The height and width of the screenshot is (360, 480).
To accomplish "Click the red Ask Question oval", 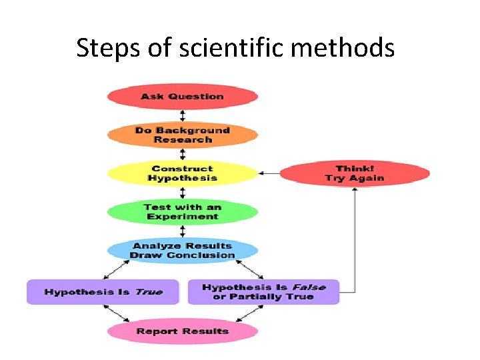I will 182,97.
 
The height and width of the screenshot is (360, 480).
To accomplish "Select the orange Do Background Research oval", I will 182,135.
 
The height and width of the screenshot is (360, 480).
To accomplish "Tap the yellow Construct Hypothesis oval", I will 182,174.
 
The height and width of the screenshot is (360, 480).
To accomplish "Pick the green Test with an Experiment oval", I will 182,212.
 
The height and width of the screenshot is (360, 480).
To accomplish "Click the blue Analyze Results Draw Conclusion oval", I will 182,251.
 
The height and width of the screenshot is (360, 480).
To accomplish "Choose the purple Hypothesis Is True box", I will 103,292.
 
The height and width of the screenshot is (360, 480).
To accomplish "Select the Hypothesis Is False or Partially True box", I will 263,292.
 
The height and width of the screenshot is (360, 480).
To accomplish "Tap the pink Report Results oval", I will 182,331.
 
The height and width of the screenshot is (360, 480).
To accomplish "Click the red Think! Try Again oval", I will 354,174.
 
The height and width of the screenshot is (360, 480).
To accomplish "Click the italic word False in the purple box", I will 309,287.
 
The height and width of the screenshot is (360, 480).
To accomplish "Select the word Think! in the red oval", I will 354,169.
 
